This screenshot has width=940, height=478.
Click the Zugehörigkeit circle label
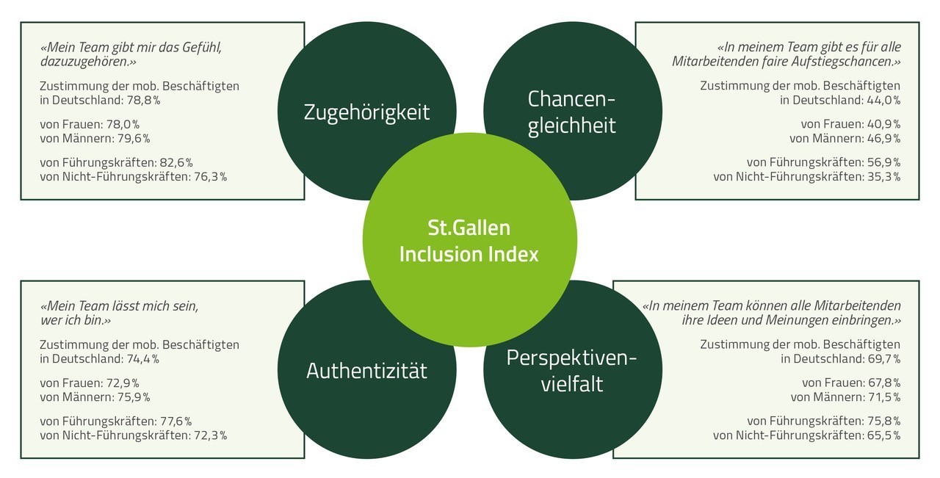[366, 112]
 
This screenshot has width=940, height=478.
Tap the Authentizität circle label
[366, 371]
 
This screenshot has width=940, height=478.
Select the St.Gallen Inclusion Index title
[469, 241]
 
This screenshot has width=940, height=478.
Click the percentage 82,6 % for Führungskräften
[176, 162]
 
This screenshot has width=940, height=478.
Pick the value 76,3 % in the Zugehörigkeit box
[210, 177]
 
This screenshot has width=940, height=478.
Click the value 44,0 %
[883, 101]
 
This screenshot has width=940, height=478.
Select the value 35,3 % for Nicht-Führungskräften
[884, 177]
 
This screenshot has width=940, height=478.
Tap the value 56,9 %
[884, 162]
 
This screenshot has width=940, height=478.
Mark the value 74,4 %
[142, 359]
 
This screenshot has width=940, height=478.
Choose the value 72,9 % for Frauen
[123, 383]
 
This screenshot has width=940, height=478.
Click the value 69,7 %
[883, 359]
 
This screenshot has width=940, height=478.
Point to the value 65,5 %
[884, 435]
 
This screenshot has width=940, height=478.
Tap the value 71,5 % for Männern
[884, 397]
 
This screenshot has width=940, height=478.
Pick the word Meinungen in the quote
[797, 320]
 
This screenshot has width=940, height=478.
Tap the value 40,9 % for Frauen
[884, 124]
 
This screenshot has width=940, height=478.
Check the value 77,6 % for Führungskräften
[176, 421]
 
